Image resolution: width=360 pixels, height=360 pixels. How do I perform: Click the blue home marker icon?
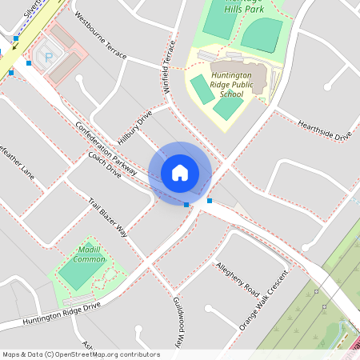pyautogui.click(x=180, y=172)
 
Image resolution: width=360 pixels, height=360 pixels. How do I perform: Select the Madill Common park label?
pyautogui.click(x=90, y=254)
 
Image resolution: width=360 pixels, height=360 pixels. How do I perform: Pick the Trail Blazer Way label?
pyautogui.click(x=108, y=218)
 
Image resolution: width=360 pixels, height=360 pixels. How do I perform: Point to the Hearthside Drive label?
pyautogui.click(x=324, y=129)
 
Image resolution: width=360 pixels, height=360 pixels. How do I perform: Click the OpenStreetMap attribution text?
pyautogui.click(x=81, y=354)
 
